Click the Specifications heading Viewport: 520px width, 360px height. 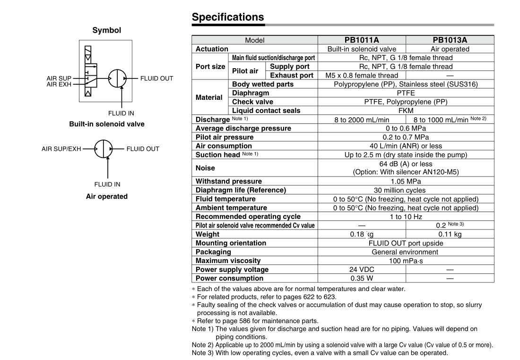pos(228,17)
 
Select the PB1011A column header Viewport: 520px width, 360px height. pos(362,40)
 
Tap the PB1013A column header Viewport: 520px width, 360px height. pos(450,40)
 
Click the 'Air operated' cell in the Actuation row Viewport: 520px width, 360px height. pos(450,49)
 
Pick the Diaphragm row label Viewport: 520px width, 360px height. pos(250,93)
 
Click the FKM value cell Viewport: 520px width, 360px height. pos(406,111)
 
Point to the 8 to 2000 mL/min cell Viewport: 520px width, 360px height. pos(362,120)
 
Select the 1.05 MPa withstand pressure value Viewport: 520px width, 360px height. pos(406,181)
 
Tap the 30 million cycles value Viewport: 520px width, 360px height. pos(406,190)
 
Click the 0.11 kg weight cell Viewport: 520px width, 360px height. pos(450,234)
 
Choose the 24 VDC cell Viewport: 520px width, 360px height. pos(362,270)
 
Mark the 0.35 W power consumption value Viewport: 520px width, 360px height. pos(362,278)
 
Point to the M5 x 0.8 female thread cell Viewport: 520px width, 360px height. pos(362,75)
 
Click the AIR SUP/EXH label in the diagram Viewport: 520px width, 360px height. pos(61,149)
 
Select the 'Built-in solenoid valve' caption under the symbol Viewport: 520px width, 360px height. pos(107,124)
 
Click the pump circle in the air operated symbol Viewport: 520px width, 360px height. pos(103,149)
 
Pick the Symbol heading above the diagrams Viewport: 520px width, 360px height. pos(106,30)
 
